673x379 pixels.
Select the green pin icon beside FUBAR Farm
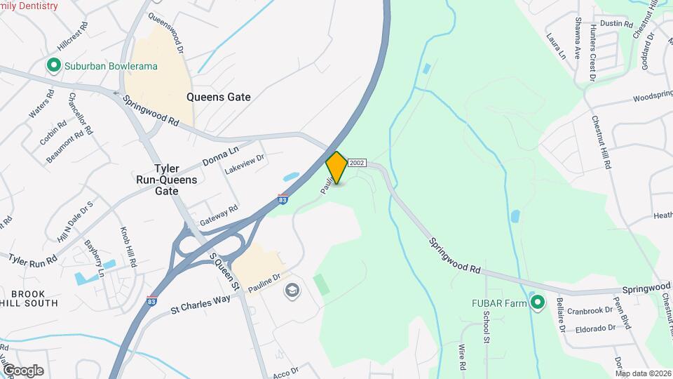pos(538,303)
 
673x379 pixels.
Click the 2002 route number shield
pos(356,162)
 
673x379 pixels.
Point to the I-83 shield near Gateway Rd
pos(283,199)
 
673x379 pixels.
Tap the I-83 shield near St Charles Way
pos(152,300)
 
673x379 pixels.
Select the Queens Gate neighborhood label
pos(218,98)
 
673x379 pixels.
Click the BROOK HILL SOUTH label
pos(29,298)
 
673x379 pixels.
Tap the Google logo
pos(22,370)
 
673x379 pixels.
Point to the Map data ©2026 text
pos(643,373)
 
